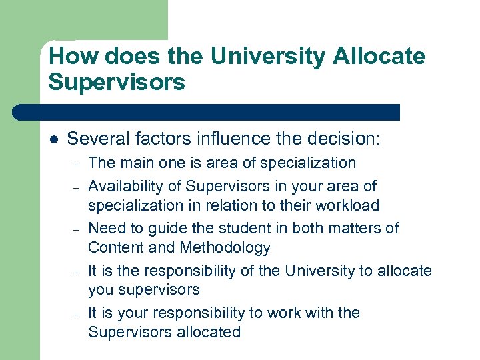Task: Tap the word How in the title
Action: pyautogui.click(x=73, y=56)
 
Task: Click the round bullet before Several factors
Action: pyautogui.click(x=53, y=139)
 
